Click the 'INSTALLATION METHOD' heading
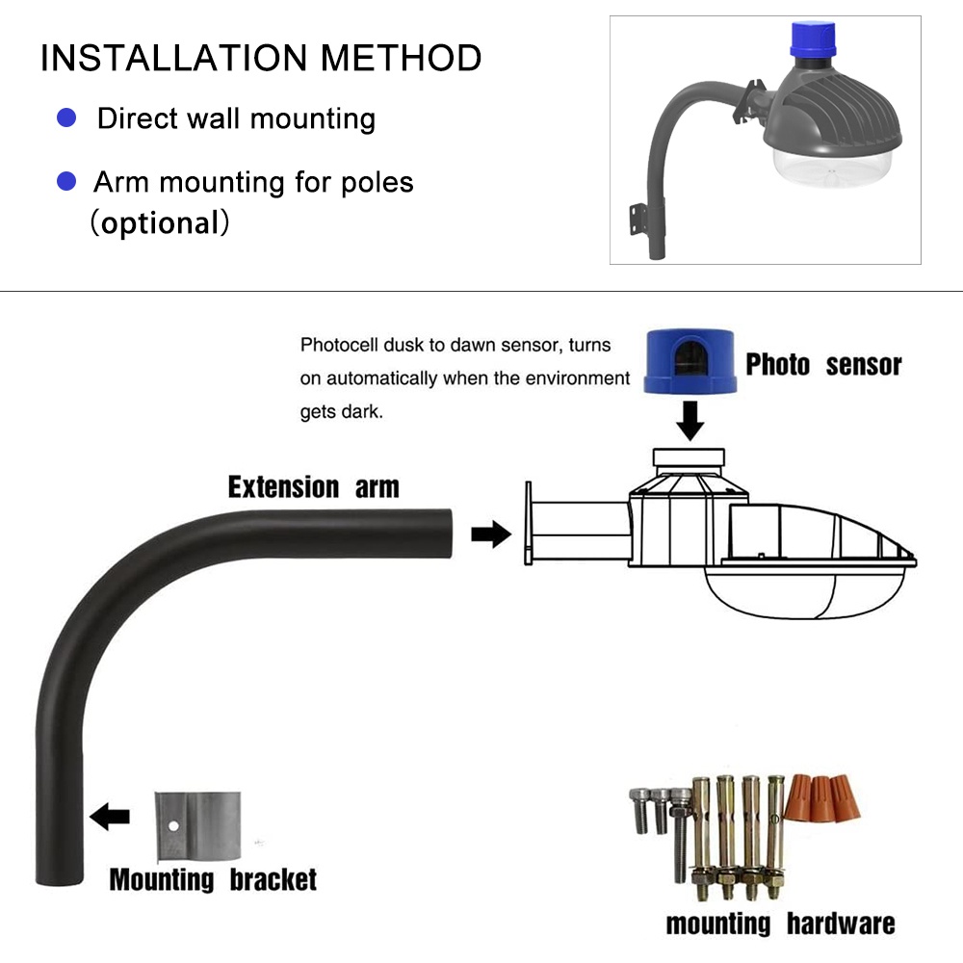260,58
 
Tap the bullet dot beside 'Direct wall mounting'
66,118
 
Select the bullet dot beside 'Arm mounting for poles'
66,180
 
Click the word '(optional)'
160,223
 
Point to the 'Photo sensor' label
823,365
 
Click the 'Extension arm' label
313,487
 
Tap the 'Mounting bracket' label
213,879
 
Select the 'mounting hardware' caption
780,924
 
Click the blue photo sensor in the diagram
690,359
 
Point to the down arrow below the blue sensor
690,420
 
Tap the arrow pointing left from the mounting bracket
110,818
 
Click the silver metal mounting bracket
197,827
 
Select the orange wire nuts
820,799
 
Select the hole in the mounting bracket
174,826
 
